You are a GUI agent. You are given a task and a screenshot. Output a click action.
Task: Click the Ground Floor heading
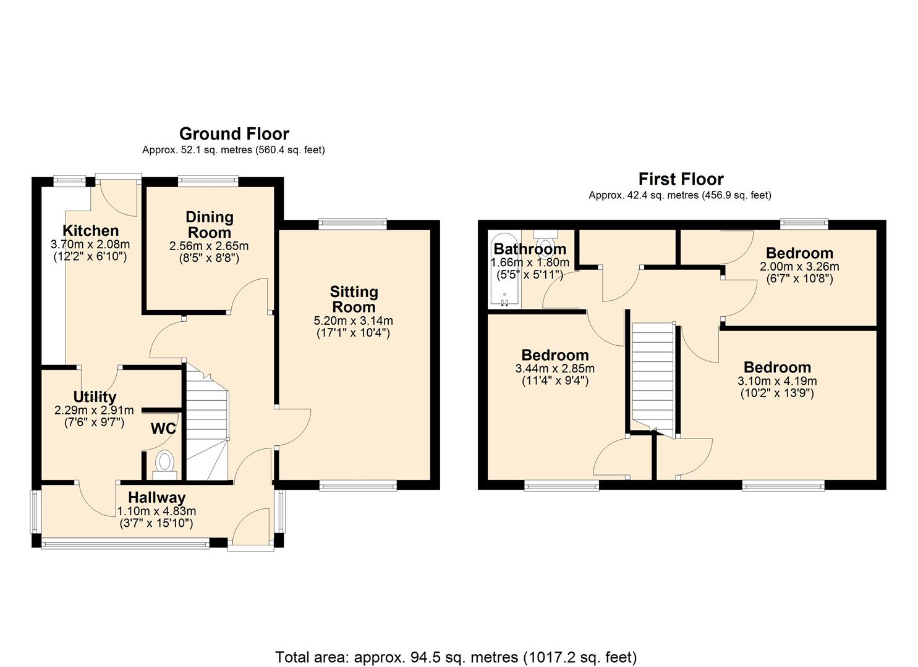pos(234,134)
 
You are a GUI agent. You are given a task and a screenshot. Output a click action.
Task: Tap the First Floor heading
pos(681,179)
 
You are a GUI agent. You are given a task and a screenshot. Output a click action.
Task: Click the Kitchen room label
pos(90,231)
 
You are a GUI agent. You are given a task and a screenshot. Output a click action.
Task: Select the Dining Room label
pos(210,225)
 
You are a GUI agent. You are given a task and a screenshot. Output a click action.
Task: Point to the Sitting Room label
pos(354,300)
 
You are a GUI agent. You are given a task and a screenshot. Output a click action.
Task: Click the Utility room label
pos(95,397)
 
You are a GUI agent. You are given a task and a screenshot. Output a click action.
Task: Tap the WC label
pos(163,429)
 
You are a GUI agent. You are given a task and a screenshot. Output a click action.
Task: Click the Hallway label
pos(156,497)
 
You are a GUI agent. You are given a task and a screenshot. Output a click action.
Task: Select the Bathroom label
pos(530,249)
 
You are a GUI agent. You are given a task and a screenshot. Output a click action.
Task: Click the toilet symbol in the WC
pos(164,463)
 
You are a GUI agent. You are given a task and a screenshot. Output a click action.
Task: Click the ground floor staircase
pos(207,426)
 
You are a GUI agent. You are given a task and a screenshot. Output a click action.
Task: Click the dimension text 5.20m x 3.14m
pos(354,321)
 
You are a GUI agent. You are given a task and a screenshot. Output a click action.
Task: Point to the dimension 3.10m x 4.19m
pos(777,381)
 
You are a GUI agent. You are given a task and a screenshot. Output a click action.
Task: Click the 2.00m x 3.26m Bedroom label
pos(799,253)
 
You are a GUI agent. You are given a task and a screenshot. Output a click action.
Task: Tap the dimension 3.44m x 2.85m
pos(555,369)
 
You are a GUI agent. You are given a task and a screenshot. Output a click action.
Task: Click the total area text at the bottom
pos(456,657)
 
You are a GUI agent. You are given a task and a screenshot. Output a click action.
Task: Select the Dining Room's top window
pos(208,181)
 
